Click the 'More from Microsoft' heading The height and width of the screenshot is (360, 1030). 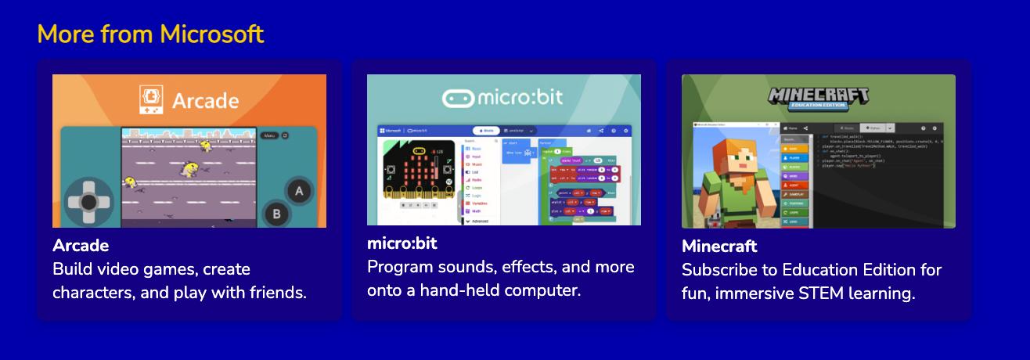point(150,34)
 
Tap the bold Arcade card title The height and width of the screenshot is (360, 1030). point(81,246)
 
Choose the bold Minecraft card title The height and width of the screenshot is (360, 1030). point(719,247)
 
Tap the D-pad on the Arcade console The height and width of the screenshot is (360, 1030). point(88,202)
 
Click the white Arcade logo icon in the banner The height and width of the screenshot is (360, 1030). point(151,100)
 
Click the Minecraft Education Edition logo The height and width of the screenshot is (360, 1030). point(818,99)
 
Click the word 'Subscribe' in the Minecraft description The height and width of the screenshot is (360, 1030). point(719,270)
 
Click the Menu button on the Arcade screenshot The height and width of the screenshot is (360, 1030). point(269,135)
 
